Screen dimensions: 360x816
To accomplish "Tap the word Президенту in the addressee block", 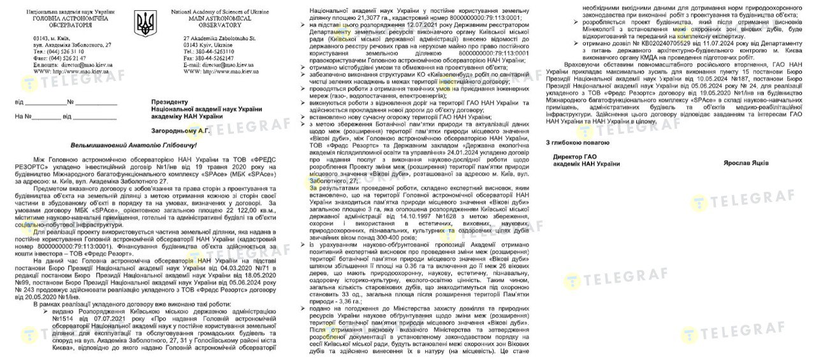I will (x=170, y=101).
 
